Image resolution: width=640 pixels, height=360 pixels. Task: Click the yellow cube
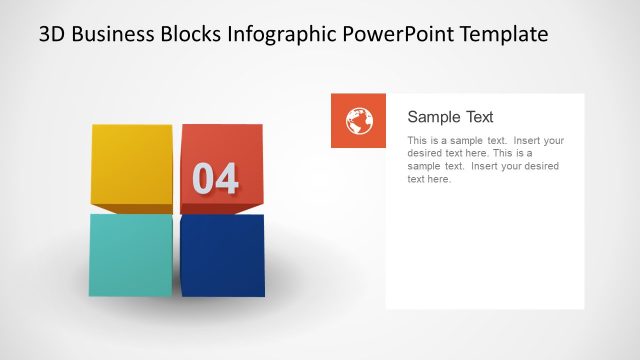(132, 163)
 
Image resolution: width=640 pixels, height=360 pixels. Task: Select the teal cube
(131, 254)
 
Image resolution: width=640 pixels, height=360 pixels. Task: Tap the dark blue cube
(223, 255)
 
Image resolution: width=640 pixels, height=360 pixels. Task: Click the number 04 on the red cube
(216, 179)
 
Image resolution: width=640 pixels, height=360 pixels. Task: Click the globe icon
(358, 121)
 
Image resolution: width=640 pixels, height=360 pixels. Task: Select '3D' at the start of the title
(52, 34)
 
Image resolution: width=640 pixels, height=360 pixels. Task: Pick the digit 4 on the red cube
(227, 179)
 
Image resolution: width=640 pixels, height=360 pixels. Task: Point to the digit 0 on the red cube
(203, 179)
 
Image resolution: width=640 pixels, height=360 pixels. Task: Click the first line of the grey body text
(486, 141)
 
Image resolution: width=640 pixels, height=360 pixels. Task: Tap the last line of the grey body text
(430, 180)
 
